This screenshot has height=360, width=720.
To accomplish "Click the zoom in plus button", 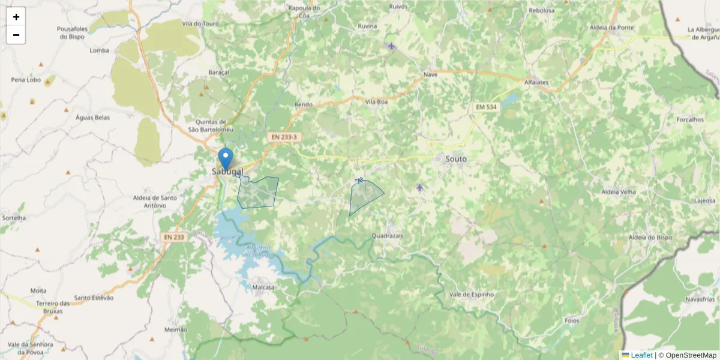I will tap(16, 17).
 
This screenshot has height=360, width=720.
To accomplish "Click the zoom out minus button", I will tap(16, 35).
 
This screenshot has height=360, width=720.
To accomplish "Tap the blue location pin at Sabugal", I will tap(226, 160).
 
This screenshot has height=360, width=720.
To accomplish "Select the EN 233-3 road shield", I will tap(283, 137).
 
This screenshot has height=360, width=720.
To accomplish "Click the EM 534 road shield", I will tap(485, 107).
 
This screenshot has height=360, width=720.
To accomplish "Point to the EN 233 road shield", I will tap(175, 237).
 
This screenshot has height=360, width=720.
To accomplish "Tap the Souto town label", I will tap(455, 159).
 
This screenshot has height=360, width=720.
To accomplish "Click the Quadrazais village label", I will tap(388, 236).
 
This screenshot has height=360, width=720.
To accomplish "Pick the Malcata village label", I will tap(263, 287).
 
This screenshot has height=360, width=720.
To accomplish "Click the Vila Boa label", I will tap(377, 102).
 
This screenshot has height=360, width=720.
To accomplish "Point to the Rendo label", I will tap(304, 104).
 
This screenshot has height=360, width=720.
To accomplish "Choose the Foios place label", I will tap(572, 320).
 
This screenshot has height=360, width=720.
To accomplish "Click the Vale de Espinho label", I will tap(471, 295).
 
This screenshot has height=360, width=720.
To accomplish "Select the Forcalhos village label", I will tap(689, 119).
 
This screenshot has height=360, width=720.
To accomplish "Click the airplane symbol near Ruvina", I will tap(391, 46).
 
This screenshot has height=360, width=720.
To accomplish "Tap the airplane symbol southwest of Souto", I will tap(419, 188).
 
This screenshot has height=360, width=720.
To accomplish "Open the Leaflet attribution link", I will tap(641, 355).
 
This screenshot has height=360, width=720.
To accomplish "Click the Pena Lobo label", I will tap(26, 79).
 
